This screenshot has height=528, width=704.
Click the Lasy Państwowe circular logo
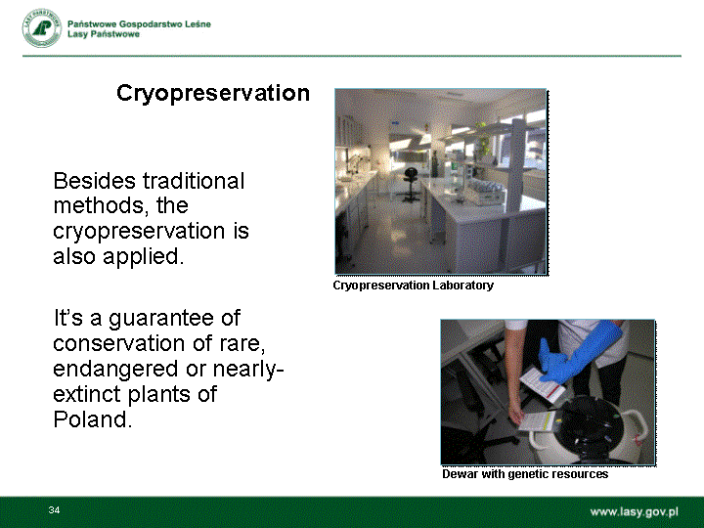[x=42, y=27]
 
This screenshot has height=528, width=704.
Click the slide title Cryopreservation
[x=213, y=94]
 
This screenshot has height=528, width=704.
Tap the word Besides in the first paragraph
[x=94, y=181]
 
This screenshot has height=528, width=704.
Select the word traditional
[x=194, y=181]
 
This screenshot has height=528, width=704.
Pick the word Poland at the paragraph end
[x=93, y=419]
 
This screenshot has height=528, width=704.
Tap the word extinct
[x=87, y=394]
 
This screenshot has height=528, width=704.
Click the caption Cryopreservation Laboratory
[x=413, y=286]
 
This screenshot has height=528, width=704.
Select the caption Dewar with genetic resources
[x=525, y=474]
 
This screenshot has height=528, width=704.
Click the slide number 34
[x=55, y=509]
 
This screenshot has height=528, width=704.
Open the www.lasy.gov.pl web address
[x=634, y=512]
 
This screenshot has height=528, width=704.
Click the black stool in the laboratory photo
[x=411, y=184]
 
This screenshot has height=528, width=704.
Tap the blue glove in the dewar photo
[x=578, y=352]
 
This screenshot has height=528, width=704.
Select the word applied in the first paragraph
[x=143, y=258]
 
